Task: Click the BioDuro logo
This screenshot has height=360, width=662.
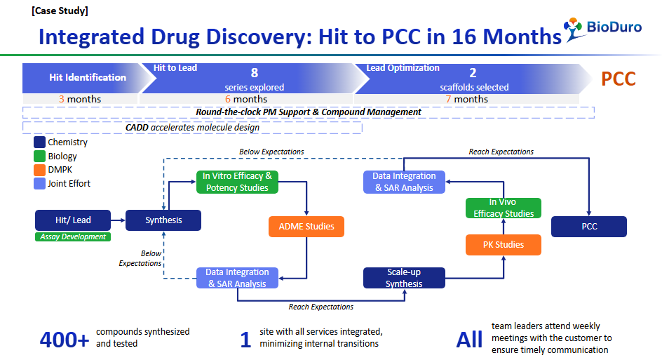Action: point(603,29)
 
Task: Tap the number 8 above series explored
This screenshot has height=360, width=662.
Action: point(254,73)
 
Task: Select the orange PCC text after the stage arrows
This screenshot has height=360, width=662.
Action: point(618,79)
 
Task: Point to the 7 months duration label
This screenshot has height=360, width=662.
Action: point(466,99)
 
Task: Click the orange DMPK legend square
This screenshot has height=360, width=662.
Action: point(40,170)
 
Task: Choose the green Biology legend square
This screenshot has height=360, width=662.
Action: point(40,156)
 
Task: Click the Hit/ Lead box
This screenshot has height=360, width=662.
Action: point(73,220)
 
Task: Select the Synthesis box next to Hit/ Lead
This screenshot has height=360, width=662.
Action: point(163,220)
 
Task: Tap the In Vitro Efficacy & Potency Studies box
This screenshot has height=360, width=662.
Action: point(237,182)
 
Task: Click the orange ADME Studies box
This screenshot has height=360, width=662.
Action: point(306,227)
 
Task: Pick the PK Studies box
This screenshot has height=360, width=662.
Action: point(504,245)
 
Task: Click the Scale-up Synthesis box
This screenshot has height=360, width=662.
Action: point(404,278)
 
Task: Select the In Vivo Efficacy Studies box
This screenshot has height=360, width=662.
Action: point(504,208)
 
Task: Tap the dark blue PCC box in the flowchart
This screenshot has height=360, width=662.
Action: point(589,227)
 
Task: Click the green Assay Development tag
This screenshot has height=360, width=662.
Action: point(73,236)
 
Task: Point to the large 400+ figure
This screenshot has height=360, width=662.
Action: point(65,340)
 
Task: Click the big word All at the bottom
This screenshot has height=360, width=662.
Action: point(469,340)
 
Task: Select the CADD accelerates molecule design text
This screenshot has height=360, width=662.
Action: point(193,128)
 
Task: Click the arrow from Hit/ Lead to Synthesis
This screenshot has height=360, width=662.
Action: point(119,220)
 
